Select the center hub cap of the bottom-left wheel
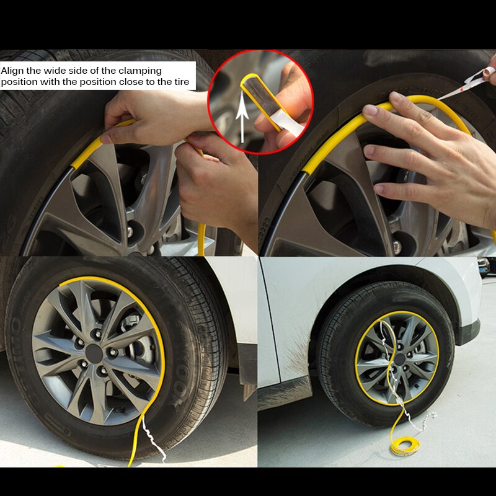[x=94, y=353]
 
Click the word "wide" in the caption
[x=64, y=71]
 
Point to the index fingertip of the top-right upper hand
[x=370, y=112]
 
